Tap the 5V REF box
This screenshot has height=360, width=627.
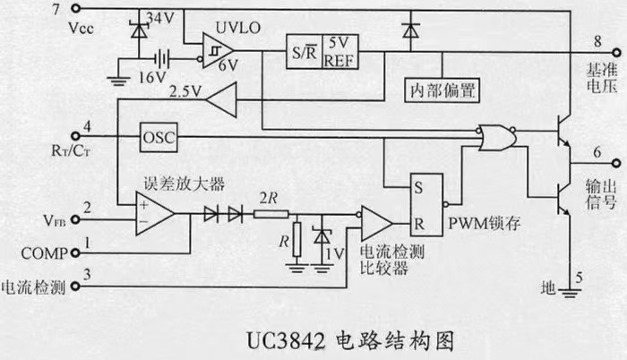tap(338, 51)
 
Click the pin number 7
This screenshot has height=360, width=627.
tap(82, 10)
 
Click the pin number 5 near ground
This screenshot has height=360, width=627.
tap(578, 278)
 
